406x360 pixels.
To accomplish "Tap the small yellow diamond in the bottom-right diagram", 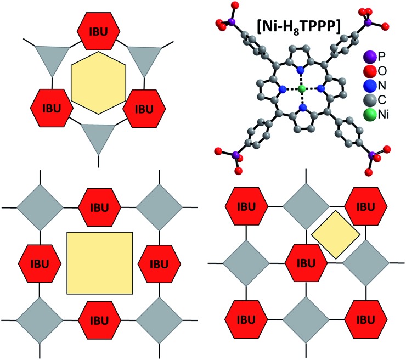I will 335,234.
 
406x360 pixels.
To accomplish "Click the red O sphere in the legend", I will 370,71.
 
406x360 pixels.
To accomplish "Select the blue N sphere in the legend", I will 370,86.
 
